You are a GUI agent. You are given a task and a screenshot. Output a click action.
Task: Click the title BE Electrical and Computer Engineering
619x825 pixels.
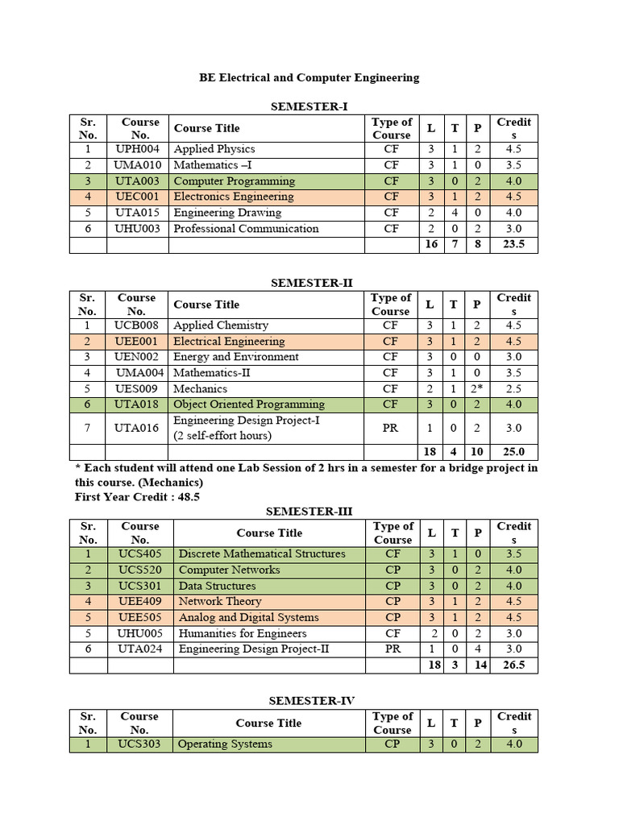309,77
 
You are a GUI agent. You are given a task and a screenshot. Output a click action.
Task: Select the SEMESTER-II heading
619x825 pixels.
311,283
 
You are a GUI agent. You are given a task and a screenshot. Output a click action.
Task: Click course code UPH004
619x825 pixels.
137,149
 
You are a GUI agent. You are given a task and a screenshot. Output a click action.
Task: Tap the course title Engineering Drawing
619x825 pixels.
227,213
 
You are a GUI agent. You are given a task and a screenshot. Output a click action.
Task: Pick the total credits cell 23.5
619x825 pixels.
513,244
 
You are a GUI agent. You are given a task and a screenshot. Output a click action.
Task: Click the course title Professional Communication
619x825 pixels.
246,229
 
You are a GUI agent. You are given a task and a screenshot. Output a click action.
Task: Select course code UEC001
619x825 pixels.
137,197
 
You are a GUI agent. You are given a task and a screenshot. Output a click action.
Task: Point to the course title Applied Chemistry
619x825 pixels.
221,325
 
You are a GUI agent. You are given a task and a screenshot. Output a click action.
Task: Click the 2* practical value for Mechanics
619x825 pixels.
477,388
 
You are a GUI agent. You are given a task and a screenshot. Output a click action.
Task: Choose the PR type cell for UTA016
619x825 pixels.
391,428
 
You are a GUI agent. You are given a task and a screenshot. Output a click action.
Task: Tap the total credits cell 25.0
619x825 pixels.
513,452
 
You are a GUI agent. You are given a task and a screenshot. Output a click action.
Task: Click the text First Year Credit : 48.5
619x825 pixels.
137,497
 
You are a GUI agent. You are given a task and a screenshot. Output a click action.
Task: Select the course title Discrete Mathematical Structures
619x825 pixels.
261,554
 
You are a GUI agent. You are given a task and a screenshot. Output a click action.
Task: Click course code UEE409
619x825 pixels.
140,601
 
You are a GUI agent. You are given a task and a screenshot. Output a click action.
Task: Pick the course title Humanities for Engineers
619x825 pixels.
242,633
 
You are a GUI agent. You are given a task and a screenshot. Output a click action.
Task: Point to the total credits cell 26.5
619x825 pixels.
513,665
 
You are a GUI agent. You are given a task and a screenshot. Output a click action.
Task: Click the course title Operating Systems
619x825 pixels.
225,744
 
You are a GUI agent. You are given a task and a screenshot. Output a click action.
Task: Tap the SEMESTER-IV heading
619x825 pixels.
311,701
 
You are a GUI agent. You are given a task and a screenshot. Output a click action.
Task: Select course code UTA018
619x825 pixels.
137,404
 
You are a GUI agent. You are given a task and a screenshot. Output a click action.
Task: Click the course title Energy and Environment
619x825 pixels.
235,357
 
